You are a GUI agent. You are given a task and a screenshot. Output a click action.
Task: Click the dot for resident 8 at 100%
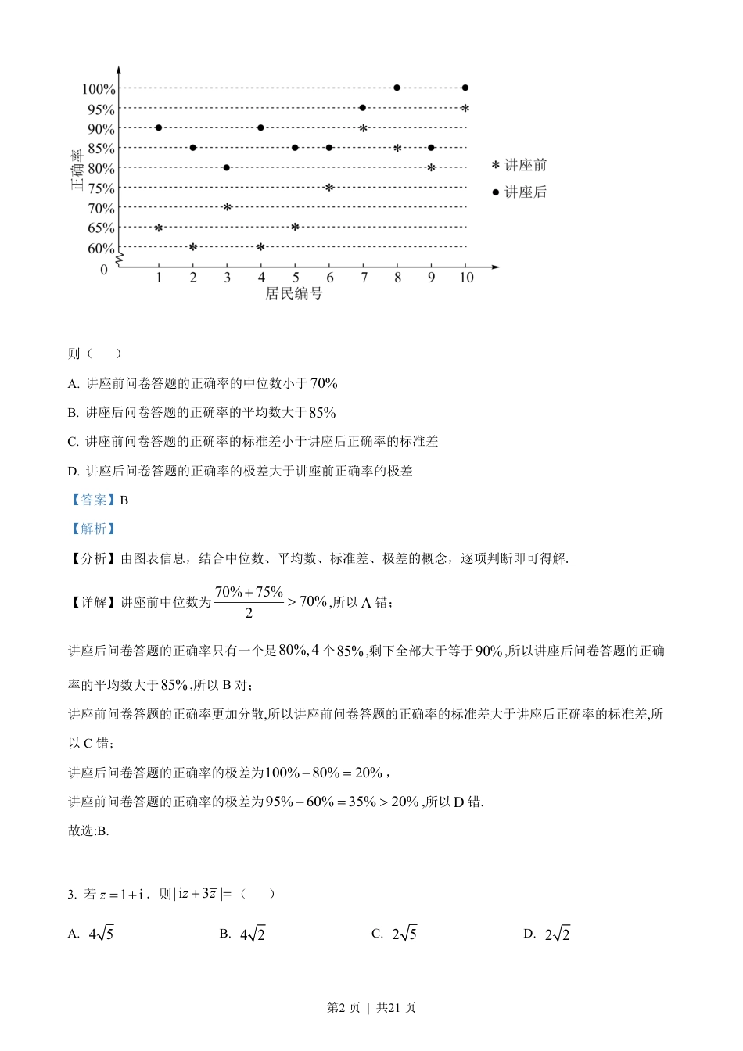pyautogui.click(x=397, y=88)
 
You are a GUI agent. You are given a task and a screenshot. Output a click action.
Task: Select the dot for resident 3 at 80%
pyautogui.click(x=227, y=167)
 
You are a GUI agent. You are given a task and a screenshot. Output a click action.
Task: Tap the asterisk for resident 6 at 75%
pyautogui.click(x=329, y=188)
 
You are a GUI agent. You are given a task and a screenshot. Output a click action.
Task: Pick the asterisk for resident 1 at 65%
pyautogui.click(x=159, y=228)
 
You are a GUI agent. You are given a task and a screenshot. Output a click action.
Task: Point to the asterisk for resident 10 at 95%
pyautogui.click(x=465, y=109)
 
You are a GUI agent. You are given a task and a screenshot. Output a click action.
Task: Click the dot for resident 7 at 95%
pyautogui.click(x=363, y=108)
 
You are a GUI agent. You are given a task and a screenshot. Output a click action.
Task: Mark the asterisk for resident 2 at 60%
pyautogui.click(x=193, y=247)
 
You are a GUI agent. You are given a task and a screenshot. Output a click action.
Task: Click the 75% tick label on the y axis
pyautogui.click(x=101, y=188)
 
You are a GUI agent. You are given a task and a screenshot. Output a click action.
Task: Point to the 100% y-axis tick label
pyautogui.click(x=99, y=89)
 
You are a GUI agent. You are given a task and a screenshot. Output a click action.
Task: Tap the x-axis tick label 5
pyautogui.click(x=296, y=278)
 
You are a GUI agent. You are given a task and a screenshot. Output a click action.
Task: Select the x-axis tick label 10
pyautogui.click(x=466, y=278)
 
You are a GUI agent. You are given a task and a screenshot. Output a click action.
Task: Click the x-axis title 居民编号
pyautogui.click(x=294, y=294)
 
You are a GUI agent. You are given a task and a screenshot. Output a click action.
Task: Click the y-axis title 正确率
pyautogui.click(x=77, y=168)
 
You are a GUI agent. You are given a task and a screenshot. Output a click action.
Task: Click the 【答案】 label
pyautogui.click(x=92, y=500)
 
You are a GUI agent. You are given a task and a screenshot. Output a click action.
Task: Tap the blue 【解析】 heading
pyautogui.click(x=92, y=529)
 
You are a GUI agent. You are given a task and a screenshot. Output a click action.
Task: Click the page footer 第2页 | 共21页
pyautogui.click(x=371, y=1008)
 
